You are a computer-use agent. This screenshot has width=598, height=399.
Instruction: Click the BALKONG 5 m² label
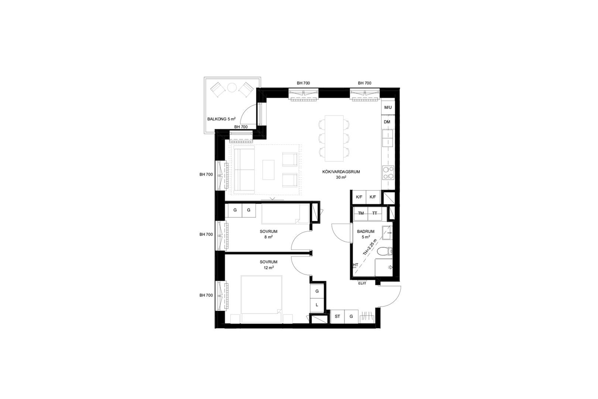click(x=222, y=119)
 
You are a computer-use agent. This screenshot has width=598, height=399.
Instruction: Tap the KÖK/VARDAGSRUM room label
click(x=341, y=172)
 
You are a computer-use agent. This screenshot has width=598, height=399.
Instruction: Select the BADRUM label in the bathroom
click(x=366, y=231)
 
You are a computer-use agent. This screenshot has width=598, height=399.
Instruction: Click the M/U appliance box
click(x=387, y=107)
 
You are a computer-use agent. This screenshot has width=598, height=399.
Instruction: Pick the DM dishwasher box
click(x=387, y=122)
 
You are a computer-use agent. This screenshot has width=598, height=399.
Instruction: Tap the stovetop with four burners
click(x=388, y=173)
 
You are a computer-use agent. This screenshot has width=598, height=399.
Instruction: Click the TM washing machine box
click(x=361, y=213)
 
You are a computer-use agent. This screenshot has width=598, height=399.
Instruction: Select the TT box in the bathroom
click(x=375, y=213)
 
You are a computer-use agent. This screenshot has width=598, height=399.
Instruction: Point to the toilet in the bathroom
click(x=384, y=251)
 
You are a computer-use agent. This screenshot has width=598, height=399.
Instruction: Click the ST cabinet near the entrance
click(x=338, y=317)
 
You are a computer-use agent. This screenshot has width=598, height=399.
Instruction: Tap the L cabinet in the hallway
click(x=317, y=305)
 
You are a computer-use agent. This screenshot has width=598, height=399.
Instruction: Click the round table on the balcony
click(x=232, y=87)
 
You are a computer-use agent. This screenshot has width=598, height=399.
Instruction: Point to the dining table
click(x=334, y=138)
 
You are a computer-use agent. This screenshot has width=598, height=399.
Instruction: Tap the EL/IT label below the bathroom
click(x=362, y=283)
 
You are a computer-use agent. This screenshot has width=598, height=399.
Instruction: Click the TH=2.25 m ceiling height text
click(x=370, y=247)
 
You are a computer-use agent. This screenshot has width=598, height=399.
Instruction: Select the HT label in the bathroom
click(x=355, y=265)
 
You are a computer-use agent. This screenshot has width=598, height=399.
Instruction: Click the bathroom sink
click(x=387, y=233)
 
